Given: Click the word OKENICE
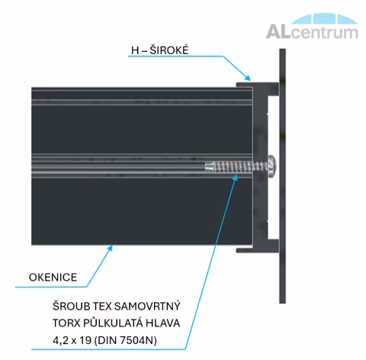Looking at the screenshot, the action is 53,277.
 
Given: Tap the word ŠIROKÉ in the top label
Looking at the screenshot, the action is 169,50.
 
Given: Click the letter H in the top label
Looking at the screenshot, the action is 135,50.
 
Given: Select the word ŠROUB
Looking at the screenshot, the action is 71,306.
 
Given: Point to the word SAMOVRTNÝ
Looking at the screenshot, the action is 149,306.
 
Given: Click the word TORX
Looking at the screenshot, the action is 66,323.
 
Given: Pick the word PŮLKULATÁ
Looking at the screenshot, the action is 113,323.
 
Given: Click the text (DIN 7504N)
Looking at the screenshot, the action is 126,340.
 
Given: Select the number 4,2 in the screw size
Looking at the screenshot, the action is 61,340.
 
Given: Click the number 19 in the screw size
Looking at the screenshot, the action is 85,340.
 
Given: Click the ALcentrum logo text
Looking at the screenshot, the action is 312,32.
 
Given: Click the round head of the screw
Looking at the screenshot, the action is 272,166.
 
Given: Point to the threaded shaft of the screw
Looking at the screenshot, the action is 236,167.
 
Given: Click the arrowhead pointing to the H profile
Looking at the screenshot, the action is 247,77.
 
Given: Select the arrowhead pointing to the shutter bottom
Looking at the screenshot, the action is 110,248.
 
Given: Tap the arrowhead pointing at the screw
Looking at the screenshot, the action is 236,178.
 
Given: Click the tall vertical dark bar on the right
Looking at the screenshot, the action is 282,176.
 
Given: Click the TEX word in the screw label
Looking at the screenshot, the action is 103,306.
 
